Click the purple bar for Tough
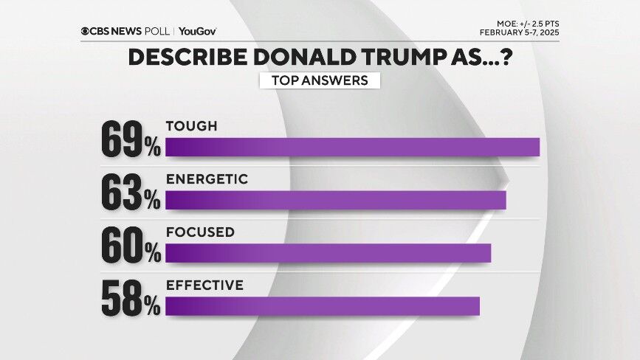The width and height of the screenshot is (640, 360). pos(352,147)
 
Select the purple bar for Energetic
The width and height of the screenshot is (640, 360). pos(335,200)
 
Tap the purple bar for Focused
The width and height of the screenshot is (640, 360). pos(328,253)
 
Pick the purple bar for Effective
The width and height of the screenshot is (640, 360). pos(323,306)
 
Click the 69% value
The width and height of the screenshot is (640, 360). pos(131,140)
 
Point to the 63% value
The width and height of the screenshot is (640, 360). pos(131,193)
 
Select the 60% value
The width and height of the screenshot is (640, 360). pos(131,246)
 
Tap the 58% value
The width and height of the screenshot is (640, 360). pos(131,300)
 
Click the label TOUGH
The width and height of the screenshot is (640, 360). pos(191,126)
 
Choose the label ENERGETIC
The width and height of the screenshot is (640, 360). pos(206,179)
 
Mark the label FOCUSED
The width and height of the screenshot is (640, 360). pos(200,232)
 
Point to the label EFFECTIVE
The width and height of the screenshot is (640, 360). pos(204,285)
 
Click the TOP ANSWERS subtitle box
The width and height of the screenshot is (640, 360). pos(320,80)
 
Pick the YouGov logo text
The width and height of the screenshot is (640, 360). pos(197,31)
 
